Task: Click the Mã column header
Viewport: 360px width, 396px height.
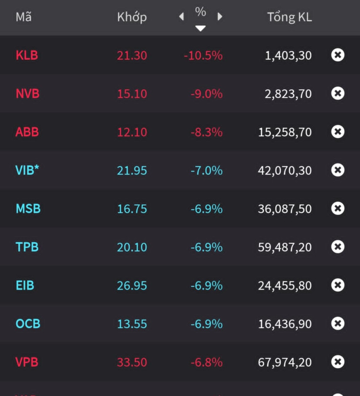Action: [x=24, y=17]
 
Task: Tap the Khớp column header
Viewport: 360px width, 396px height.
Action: [x=132, y=17]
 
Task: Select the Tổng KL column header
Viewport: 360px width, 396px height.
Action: [x=289, y=17]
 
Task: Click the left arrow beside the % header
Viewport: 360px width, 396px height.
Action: [x=181, y=17]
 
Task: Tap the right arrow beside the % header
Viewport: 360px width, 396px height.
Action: [x=220, y=17]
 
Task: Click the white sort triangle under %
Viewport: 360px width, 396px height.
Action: [x=200, y=29]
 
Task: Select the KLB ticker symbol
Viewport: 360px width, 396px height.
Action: [x=27, y=56]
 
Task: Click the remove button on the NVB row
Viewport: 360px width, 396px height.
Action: [x=338, y=93]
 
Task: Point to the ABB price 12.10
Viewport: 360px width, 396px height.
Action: [x=132, y=132]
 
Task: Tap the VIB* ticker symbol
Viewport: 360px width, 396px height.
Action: [x=27, y=170]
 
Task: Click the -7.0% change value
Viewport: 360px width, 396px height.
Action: [x=206, y=170]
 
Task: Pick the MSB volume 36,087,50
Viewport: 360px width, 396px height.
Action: [x=285, y=209]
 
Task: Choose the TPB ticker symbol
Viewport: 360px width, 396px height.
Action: [x=27, y=247]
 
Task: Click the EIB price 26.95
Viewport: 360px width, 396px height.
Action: [x=132, y=286]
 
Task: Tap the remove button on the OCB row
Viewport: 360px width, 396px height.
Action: [x=338, y=324]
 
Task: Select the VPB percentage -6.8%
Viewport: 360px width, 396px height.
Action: [x=206, y=362]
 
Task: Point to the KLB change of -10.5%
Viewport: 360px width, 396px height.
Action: [x=203, y=56]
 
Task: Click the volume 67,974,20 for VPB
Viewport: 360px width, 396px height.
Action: [x=285, y=362]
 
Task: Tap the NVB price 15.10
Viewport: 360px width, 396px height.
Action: [x=132, y=94]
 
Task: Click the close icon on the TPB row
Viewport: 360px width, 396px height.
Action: [x=338, y=247]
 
